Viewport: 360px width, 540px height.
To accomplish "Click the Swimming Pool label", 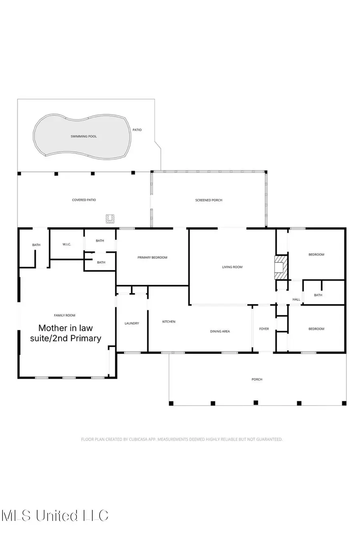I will (x=84, y=136).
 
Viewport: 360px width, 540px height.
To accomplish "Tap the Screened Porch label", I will (x=209, y=200).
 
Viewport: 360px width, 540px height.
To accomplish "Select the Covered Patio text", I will (x=84, y=200).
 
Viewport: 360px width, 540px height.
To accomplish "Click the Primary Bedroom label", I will (x=152, y=258).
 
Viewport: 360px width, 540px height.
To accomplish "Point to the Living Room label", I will (x=232, y=267).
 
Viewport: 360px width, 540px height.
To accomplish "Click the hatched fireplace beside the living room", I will (x=280, y=267).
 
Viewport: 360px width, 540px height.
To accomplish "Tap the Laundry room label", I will (x=132, y=323).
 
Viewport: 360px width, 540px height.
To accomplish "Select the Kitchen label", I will (x=169, y=322).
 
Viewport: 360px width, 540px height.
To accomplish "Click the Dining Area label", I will (x=220, y=331).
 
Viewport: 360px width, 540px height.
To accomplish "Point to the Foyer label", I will (x=264, y=329).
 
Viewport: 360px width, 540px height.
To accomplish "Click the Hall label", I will (x=296, y=299).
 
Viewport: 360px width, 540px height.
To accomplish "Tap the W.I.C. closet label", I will (x=67, y=244).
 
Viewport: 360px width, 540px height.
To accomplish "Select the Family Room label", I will (x=65, y=315).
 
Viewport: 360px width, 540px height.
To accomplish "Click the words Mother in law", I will (x=66, y=328).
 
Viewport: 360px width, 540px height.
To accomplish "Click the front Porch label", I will (x=257, y=379).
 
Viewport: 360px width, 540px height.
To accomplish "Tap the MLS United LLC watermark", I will (x=55, y=515).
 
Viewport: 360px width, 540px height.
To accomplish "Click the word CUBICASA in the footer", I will (x=138, y=439).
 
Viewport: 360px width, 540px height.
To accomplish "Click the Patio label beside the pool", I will (x=137, y=130).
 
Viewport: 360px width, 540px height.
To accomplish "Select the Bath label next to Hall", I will (x=318, y=295).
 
